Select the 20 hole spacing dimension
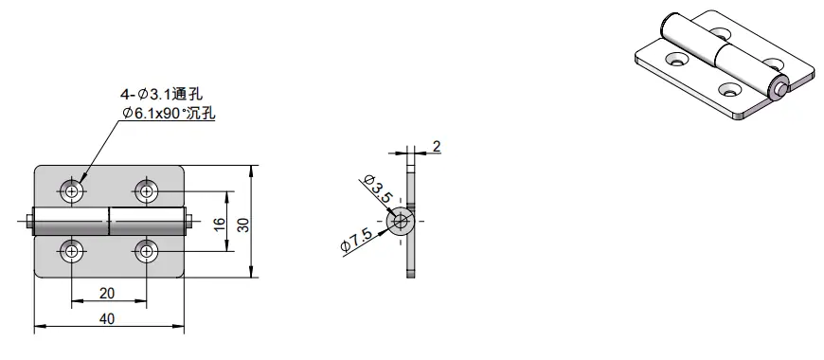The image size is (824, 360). click(x=107, y=293)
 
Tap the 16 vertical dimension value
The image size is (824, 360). click(x=220, y=222)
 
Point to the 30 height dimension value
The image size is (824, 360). click(x=243, y=222)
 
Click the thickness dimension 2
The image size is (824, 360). click(x=437, y=147)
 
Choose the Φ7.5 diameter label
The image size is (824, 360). click(x=357, y=242)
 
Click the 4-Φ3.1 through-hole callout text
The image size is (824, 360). click(x=162, y=95)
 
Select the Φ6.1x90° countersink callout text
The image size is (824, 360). click(x=169, y=113)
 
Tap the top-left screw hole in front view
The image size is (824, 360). click(x=72, y=191)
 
